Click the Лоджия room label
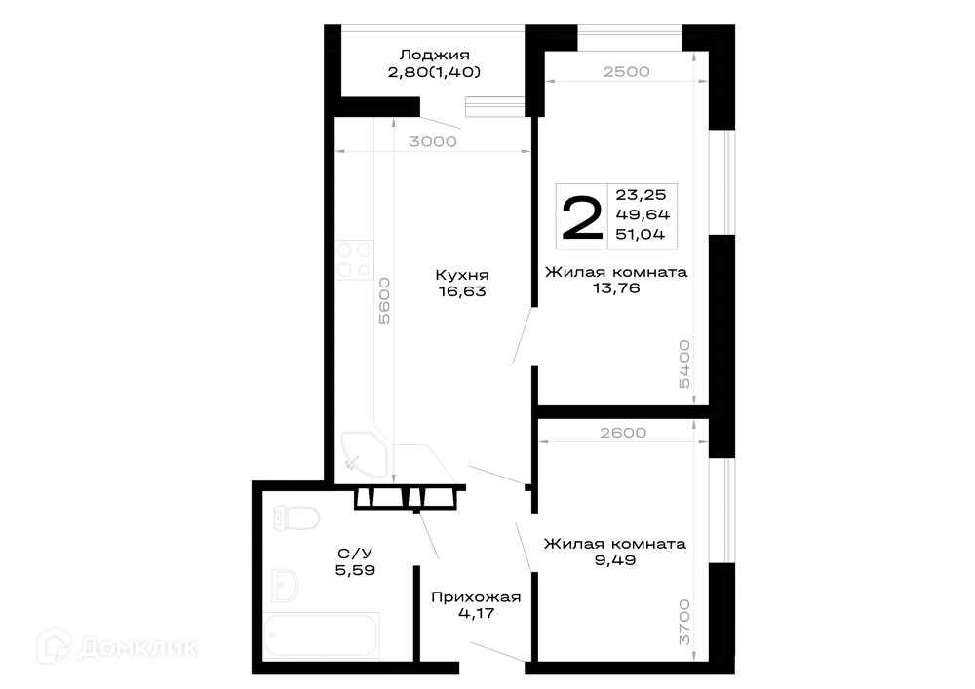pyautogui.click(x=434, y=56)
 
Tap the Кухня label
pyautogui.click(x=461, y=275)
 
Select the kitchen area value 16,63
pyautogui.click(x=462, y=291)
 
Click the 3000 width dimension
pyautogui.click(x=433, y=141)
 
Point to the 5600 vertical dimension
pyautogui.click(x=384, y=300)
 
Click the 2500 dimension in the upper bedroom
pyautogui.click(x=626, y=71)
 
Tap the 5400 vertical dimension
pyautogui.click(x=684, y=364)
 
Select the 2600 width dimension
pyautogui.click(x=623, y=433)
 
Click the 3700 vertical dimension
pyautogui.click(x=684, y=622)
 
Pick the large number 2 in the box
pyautogui.click(x=582, y=216)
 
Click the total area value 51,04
pyautogui.click(x=641, y=234)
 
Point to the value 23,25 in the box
pyautogui.click(x=641, y=195)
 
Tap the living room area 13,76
pyautogui.click(x=616, y=288)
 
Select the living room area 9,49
pyautogui.click(x=615, y=560)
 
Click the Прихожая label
pyautogui.click(x=476, y=597)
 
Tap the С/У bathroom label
pyautogui.click(x=355, y=554)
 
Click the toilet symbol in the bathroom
pyautogui.click(x=296, y=517)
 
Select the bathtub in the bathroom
pyautogui.click(x=322, y=635)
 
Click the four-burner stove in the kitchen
pyautogui.click(x=355, y=259)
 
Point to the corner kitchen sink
pyautogui.click(x=363, y=454)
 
